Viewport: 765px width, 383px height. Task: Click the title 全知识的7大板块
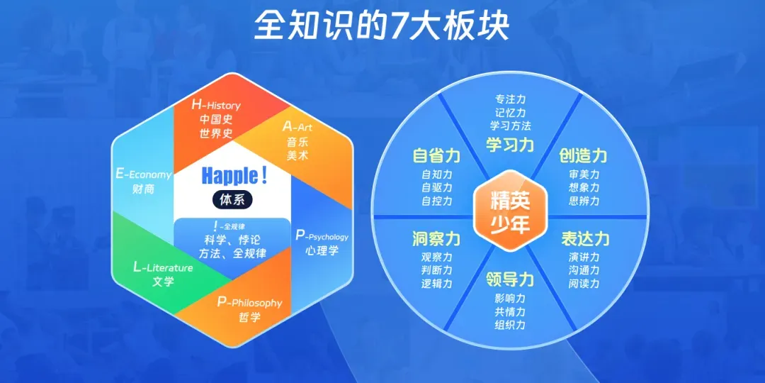(382, 26)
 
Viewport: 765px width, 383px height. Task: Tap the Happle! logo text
(233, 175)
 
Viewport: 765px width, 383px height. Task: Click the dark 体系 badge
(232, 199)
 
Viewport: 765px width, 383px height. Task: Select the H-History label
(216, 104)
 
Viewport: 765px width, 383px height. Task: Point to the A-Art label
(297, 127)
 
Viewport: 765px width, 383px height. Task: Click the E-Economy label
(143, 174)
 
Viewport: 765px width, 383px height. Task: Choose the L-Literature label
(163, 267)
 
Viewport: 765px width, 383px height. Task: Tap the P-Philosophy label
(249, 302)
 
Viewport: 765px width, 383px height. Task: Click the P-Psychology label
(322, 235)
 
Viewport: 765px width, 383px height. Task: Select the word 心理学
(322, 250)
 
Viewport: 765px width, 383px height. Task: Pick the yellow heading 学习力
(510, 145)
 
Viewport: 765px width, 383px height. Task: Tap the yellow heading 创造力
(584, 155)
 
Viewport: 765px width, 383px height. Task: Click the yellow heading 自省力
(436, 155)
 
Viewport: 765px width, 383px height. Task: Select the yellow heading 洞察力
(436, 238)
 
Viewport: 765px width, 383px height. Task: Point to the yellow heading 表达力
(585, 238)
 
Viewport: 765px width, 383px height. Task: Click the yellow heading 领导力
(510, 279)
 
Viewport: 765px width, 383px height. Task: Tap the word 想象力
(584, 187)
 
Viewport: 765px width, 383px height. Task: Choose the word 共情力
(510, 311)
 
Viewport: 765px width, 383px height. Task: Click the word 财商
(143, 189)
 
